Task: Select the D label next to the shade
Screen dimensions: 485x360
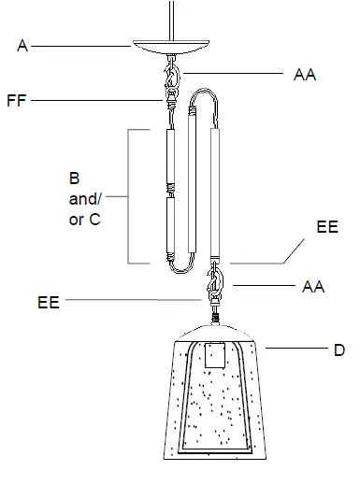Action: pyautogui.click(x=339, y=350)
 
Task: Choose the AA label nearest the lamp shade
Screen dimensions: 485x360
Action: pyautogui.click(x=313, y=287)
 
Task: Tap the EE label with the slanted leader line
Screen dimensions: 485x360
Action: pyautogui.click(x=327, y=226)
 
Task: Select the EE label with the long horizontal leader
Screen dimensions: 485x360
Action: pyautogui.click(x=49, y=303)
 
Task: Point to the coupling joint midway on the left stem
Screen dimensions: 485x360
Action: pyautogui.click(x=169, y=193)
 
